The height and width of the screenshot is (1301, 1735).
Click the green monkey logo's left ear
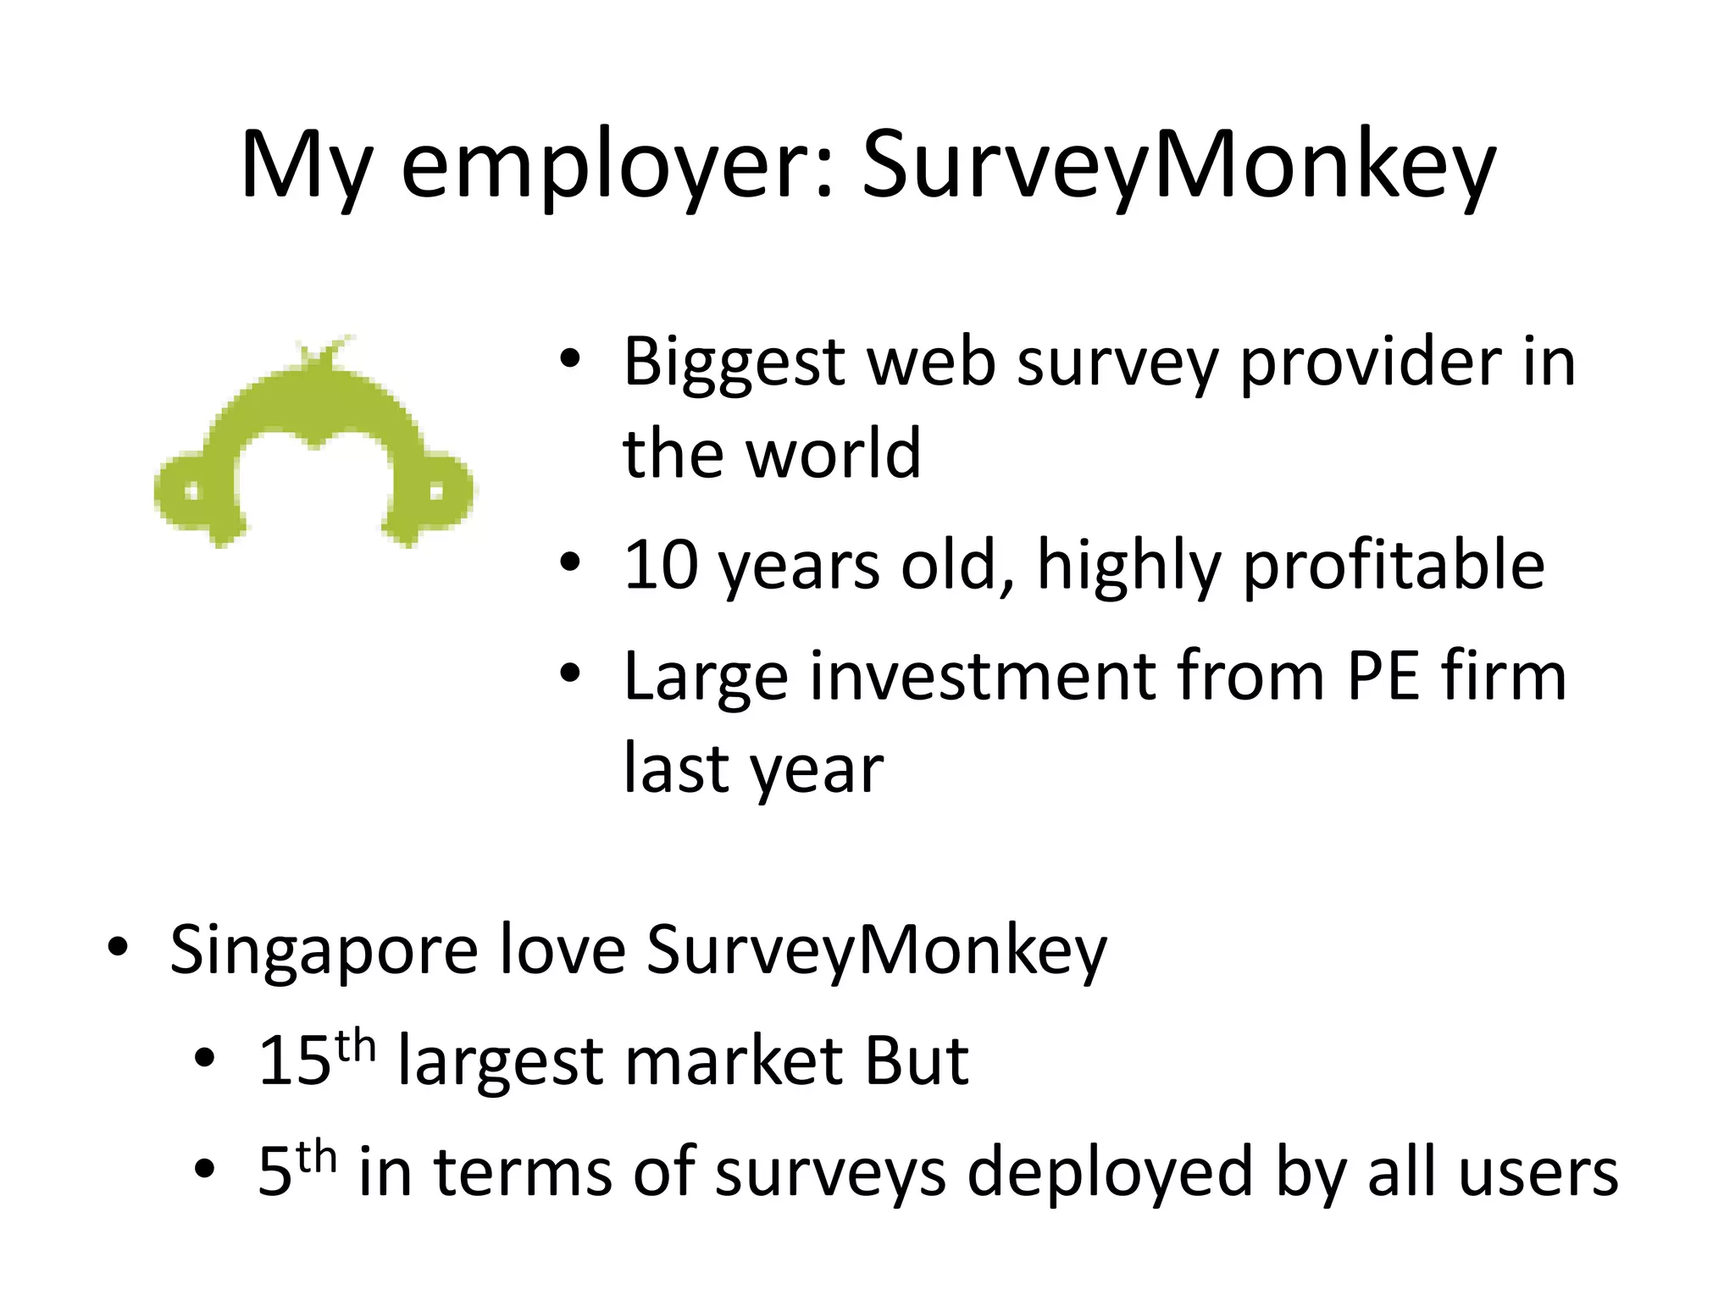pos(188,491)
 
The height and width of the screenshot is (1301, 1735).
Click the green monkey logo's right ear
pos(439,491)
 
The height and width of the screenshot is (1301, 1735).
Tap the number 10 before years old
pos(659,565)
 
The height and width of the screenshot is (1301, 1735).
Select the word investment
pos(982,677)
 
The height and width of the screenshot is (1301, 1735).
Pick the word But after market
pos(916,1060)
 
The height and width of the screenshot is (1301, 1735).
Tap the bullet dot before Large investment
pos(570,673)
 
